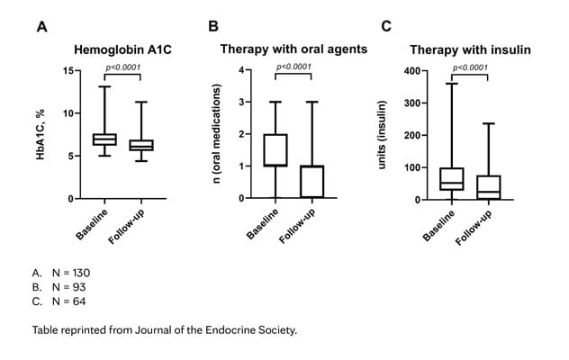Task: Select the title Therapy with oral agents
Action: click(x=294, y=51)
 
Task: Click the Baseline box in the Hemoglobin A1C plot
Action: click(x=104, y=139)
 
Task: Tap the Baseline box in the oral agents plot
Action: click(x=275, y=150)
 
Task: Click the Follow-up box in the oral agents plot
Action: click(x=311, y=182)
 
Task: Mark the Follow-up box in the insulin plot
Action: click(x=488, y=187)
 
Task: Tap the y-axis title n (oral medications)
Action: click(x=218, y=135)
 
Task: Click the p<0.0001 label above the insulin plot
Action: click(x=470, y=67)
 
